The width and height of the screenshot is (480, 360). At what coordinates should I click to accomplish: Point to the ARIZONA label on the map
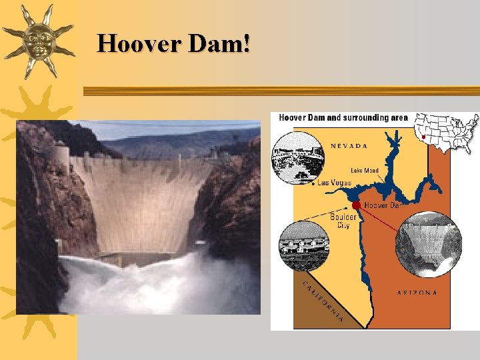click(x=417, y=293)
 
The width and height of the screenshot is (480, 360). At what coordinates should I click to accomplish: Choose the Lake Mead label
click(x=365, y=171)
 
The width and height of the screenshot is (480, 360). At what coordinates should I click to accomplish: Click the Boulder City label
click(x=343, y=221)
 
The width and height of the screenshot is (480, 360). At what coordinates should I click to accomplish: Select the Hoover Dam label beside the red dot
click(x=384, y=206)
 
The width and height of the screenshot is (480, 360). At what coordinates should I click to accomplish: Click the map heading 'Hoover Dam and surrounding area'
click(x=343, y=118)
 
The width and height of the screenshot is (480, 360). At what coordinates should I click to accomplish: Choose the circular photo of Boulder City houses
click(x=303, y=245)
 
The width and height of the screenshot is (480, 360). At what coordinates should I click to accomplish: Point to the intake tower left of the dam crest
click(x=61, y=161)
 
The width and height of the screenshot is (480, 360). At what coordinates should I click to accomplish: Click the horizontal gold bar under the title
click(x=280, y=90)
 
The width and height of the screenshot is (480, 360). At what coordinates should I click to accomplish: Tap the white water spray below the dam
click(x=153, y=283)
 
